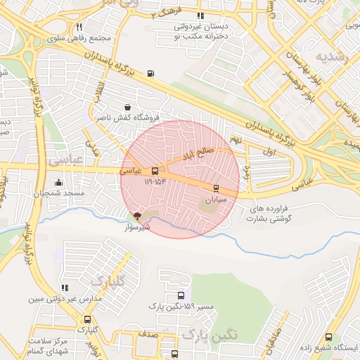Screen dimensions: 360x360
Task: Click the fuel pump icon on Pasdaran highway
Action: click(x=151, y=73)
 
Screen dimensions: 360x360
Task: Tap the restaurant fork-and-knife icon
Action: click(x=78, y=27)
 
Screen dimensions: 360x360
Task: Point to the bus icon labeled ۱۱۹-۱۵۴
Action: click(x=155, y=170)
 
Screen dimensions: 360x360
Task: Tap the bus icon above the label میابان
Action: click(x=215, y=188)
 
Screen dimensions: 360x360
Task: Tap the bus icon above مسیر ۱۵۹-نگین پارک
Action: click(x=181, y=296)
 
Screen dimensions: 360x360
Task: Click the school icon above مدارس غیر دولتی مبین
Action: click(x=65, y=288)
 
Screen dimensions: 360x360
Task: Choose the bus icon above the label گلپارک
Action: click(x=87, y=320)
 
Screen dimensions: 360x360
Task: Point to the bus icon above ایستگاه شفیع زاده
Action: click(x=329, y=337)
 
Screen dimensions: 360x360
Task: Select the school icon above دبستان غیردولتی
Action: click(x=200, y=15)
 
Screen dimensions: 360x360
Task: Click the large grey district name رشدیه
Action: click(x=331, y=56)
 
